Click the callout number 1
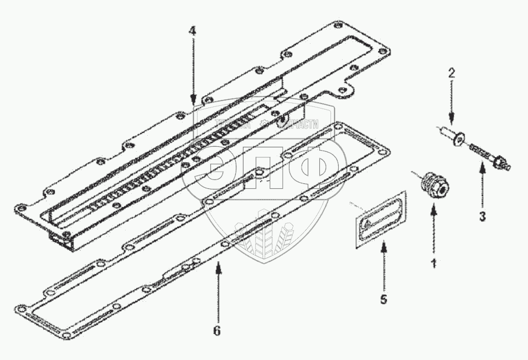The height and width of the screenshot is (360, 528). (433, 263)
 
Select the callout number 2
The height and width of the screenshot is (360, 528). (452, 72)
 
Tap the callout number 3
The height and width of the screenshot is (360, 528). (483, 217)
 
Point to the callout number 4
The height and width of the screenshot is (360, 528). (192, 31)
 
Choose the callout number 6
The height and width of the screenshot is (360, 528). (217, 331)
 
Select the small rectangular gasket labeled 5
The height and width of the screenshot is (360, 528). (380, 218)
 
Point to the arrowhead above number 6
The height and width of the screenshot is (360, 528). (219, 266)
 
